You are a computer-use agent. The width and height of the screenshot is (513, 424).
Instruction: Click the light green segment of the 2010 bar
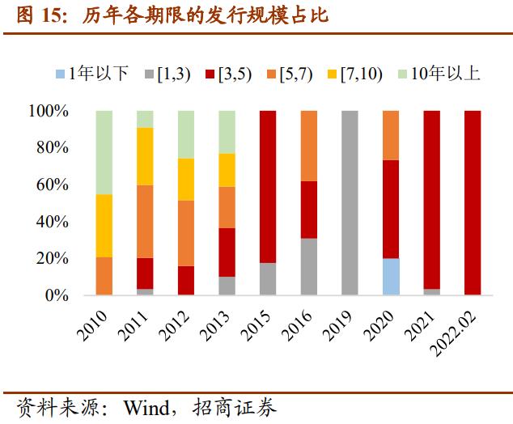pyautogui.click(x=104, y=152)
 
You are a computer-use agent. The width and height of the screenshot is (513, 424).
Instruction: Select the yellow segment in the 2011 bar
pyautogui.click(x=145, y=156)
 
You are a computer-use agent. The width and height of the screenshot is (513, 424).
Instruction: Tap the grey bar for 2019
pyautogui.click(x=350, y=203)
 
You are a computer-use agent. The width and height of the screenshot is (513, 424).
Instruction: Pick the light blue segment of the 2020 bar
pyautogui.click(x=391, y=277)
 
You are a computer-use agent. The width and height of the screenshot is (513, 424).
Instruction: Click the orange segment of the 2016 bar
pyautogui.click(x=309, y=146)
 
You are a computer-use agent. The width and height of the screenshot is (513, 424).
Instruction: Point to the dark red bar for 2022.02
pyautogui.click(x=473, y=203)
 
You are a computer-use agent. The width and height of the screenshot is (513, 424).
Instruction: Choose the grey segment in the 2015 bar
pyautogui.click(x=268, y=279)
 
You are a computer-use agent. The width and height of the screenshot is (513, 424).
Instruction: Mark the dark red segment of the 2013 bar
pyautogui.click(x=227, y=252)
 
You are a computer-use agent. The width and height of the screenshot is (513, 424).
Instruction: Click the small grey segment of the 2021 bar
pyautogui.click(x=432, y=292)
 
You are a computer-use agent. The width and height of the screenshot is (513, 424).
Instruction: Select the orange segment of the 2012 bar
pyautogui.click(x=186, y=233)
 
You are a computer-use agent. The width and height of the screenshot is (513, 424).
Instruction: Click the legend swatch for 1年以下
pyautogui.click(x=60, y=74)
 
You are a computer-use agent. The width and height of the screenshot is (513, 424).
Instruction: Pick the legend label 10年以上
pyautogui.click(x=445, y=74)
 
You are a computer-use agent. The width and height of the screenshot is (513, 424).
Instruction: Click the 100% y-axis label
pyautogui.click(x=49, y=111)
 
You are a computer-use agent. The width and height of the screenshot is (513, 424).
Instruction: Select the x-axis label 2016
pyautogui.click(x=296, y=325)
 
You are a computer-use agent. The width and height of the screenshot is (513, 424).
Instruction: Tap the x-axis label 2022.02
pyautogui.click(x=453, y=333)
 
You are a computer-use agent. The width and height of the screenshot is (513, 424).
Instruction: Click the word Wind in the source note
pyautogui.click(x=146, y=408)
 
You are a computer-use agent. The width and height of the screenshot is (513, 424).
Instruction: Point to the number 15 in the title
pyautogui.click(x=52, y=15)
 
